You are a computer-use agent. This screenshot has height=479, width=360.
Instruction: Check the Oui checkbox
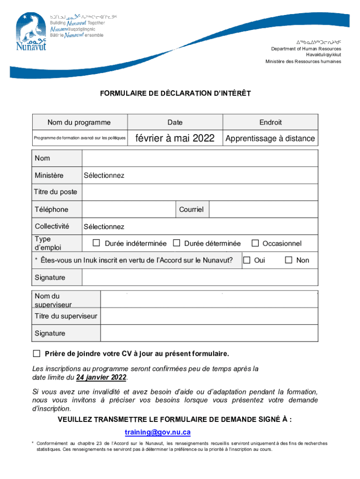246,260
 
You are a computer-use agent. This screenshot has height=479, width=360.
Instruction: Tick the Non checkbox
288,260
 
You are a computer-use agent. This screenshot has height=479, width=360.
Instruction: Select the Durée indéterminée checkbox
96,243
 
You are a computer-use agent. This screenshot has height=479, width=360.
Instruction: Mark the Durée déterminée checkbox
176,243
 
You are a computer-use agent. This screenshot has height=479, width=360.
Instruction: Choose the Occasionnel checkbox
255,243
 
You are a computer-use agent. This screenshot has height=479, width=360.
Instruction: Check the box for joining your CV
36,352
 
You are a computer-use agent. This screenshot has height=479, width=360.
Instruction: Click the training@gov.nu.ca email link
158,432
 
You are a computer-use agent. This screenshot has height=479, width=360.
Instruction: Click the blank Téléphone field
129,209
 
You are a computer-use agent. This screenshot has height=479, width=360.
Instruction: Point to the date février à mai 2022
175,138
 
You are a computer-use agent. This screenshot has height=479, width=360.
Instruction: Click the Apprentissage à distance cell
270,138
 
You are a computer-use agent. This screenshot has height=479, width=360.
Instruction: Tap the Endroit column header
270,122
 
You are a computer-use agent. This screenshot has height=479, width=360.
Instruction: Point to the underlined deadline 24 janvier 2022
101,377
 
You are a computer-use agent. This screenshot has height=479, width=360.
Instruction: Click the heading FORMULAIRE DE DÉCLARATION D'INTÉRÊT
175,94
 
